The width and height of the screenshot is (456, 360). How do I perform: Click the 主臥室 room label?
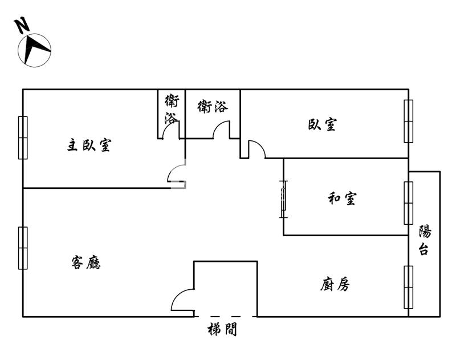click(89, 145)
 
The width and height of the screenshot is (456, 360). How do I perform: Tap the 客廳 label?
click(86, 262)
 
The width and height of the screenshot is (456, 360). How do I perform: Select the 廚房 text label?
click(335, 284)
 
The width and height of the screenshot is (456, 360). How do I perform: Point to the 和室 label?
click(342, 199)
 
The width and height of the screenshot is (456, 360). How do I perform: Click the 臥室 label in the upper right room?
click(323, 124)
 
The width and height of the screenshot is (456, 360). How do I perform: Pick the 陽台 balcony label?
click(425, 240)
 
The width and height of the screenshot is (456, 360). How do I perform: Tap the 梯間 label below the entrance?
click(222, 329)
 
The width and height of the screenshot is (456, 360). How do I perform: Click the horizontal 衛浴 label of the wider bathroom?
click(213, 107)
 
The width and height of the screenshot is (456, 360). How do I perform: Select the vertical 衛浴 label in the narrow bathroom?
click(172, 109)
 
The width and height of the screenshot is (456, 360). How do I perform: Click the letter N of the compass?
click(22, 26)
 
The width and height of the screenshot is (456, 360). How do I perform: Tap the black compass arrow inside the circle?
click(34, 48)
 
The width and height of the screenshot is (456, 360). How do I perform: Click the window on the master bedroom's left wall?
click(23, 137)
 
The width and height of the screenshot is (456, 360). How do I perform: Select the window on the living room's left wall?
click(23, 248)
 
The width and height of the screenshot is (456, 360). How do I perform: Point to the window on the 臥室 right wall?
click(409, 121)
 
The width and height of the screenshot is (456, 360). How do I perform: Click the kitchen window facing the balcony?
click(409, 287)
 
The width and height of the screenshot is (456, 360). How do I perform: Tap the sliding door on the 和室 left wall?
click(283, 199)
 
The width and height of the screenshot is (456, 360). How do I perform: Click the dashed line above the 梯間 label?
click(225, 316)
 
